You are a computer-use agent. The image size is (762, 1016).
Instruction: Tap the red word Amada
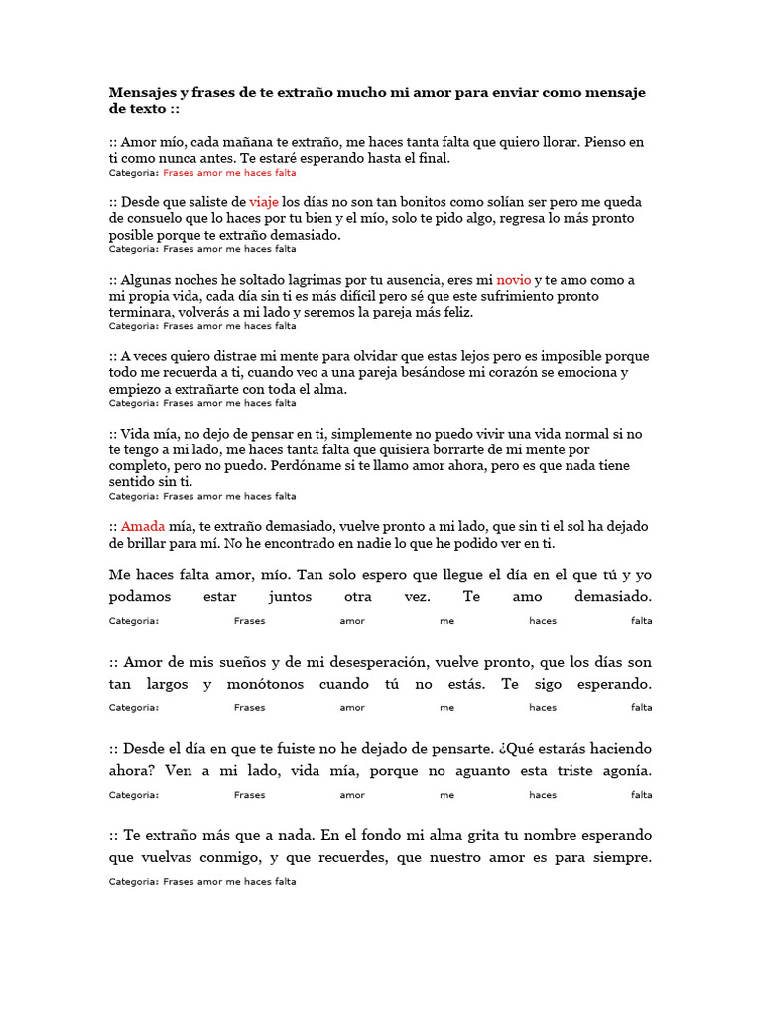click(x=142, y=527)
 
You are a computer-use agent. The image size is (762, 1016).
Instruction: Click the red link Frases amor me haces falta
click(x=229, y=172)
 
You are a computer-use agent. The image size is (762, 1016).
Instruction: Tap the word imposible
click(x=571, y=356)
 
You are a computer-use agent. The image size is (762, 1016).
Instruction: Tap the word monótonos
click(x=260, y=685)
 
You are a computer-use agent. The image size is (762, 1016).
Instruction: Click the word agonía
click(x=622, y=771)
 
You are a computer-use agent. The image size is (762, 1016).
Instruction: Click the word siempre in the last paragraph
click(x=618, y=858)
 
